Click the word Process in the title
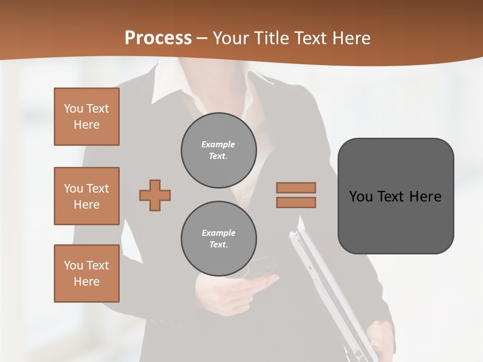(x=158, y=38)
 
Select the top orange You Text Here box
(x=87, y=117)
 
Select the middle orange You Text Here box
(x=87, y=196)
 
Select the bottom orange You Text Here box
(x=87, y=274)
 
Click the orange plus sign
(x=155, y=195)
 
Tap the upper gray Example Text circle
(x=219, y=150)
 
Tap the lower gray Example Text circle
(x=219, y=239)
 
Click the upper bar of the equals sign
(x=296, y=188)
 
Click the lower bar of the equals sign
(x=296, y=203)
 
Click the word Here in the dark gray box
(x=425, y=197)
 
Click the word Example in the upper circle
(x=218, y=144)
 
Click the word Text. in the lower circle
(x=218, y=245)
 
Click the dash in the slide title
(x=202, y=38)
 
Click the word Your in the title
(x=231, y=38)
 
